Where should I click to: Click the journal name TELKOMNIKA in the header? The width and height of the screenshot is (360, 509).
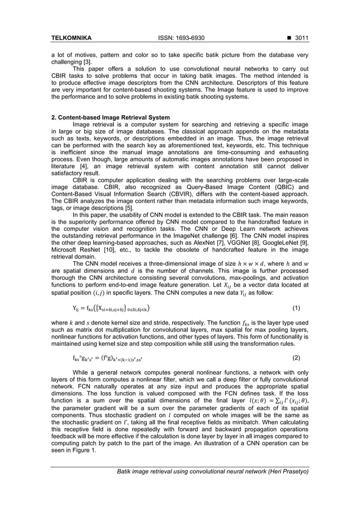coord(72,38)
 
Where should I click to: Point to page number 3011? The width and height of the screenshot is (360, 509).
coord(300,38)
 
